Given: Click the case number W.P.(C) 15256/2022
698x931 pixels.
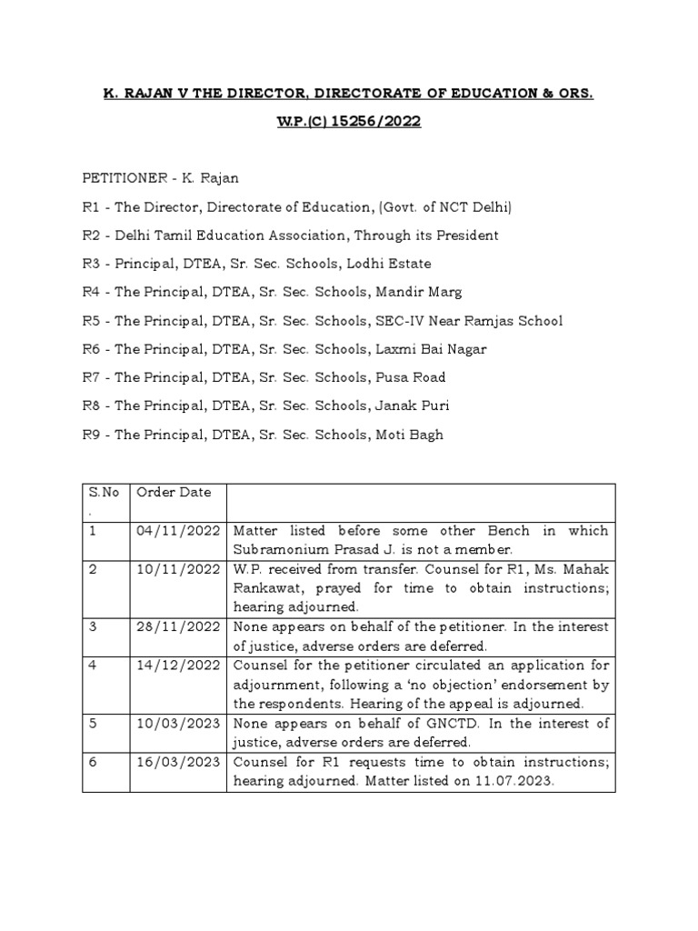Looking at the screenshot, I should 349,123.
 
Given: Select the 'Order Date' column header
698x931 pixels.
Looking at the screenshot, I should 174,492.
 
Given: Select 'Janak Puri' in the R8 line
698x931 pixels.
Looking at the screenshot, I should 409,405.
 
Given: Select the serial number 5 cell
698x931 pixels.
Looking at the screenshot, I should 93,724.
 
